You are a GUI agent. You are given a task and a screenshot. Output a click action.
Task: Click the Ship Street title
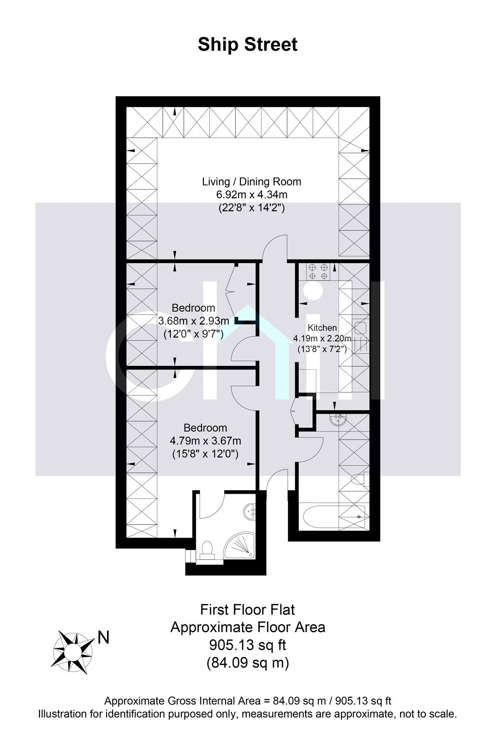click(x=248, y=45)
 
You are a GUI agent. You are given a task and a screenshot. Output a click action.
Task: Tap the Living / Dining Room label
click(x=252, y=182)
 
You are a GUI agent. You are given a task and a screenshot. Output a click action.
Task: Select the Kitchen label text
click(x=322, y=328)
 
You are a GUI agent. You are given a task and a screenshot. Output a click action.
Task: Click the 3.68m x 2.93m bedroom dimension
click(x=194, y=321)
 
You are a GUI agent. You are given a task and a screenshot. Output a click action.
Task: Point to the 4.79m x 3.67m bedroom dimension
click(x=206, y=441)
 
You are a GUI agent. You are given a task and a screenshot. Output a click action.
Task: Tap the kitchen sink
click(x=360, y=328)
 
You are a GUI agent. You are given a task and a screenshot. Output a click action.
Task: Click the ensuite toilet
click(x=207, y=551)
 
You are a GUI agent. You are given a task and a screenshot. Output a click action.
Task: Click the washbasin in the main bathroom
click(x=338, y=420)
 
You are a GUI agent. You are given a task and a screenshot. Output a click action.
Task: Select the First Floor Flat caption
click(x=248, y=610)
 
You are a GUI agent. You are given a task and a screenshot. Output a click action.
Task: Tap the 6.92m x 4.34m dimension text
click(x=252, y=194)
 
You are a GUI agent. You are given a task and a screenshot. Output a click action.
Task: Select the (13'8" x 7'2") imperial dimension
click(x=322, y=349)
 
